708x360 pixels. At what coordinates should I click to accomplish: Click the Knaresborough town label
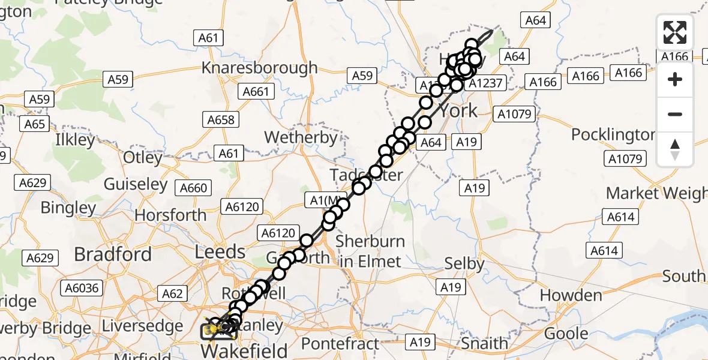click(259, 67)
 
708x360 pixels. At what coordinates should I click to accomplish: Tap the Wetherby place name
click(301, 137)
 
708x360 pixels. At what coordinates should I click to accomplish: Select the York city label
click(458, 110)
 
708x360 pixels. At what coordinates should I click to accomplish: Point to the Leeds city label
click(220, 251)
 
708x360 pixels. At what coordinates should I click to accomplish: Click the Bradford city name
click(113, 254)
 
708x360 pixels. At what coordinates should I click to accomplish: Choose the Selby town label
click(464, 263)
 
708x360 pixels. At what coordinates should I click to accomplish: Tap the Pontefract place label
click(340, 344)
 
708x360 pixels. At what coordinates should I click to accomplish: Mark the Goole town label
click(566, 334)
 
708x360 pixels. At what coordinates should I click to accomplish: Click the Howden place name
click(571, 295)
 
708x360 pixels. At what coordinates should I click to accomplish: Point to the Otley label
click(142, 158)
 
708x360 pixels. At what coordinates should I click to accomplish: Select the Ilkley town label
click(74, 141)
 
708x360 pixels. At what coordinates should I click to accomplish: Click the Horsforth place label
click(170, 215)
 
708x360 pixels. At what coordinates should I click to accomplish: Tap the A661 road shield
click(256, 91)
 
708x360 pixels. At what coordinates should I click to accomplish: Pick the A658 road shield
click(221, 119)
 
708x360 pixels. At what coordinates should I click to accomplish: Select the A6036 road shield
click(82, 289)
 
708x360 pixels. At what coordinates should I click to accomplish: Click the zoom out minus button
click(675, 114)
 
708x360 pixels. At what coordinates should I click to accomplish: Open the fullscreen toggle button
click(675, 32)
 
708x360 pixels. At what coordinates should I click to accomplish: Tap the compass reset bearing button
click(675, 149)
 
